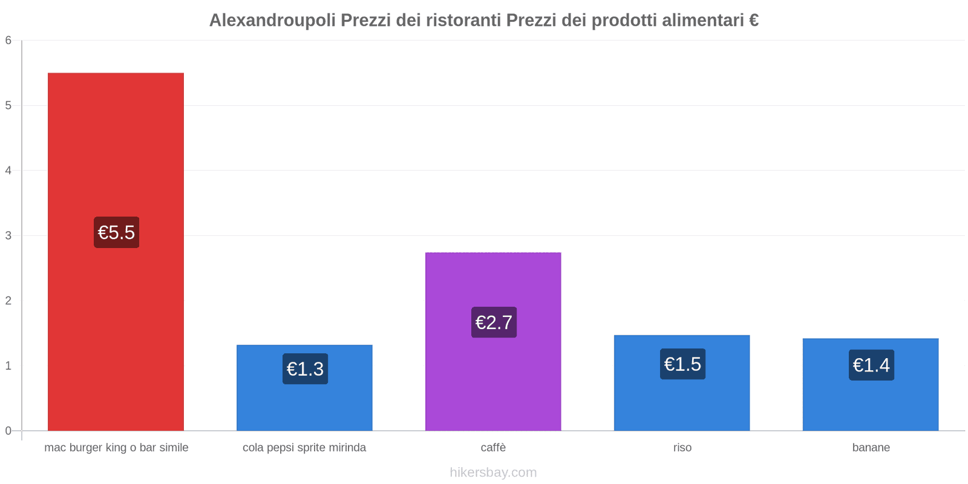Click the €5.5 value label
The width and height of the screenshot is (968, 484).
click(x=116, y=232)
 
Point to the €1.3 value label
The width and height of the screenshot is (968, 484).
click(x=305, y=369)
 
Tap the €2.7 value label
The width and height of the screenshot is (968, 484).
click(x=494, y=322)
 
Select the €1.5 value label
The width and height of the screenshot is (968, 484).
click(x=682, y=364)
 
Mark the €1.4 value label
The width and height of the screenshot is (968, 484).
click(x=871, y=365)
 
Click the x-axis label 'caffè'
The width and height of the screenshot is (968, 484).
click(x=493, y=448)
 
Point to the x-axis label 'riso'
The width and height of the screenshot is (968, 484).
click(x=682, y=448)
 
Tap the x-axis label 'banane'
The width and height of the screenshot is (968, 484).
click(x=871, y=448)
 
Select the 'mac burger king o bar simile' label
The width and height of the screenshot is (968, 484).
click(x=116, y=448)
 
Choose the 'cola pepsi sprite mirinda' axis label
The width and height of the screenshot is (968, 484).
click(x=304, y=448)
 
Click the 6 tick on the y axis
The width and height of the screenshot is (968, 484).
click(x=8, y=41)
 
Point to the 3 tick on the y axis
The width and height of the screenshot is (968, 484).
click(x=8, y=235)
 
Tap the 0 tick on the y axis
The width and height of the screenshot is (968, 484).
click(x=8, y=431)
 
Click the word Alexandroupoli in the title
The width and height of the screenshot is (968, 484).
click(x=272, y=21)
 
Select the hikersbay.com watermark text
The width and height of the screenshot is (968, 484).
click(x=493, y=473)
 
